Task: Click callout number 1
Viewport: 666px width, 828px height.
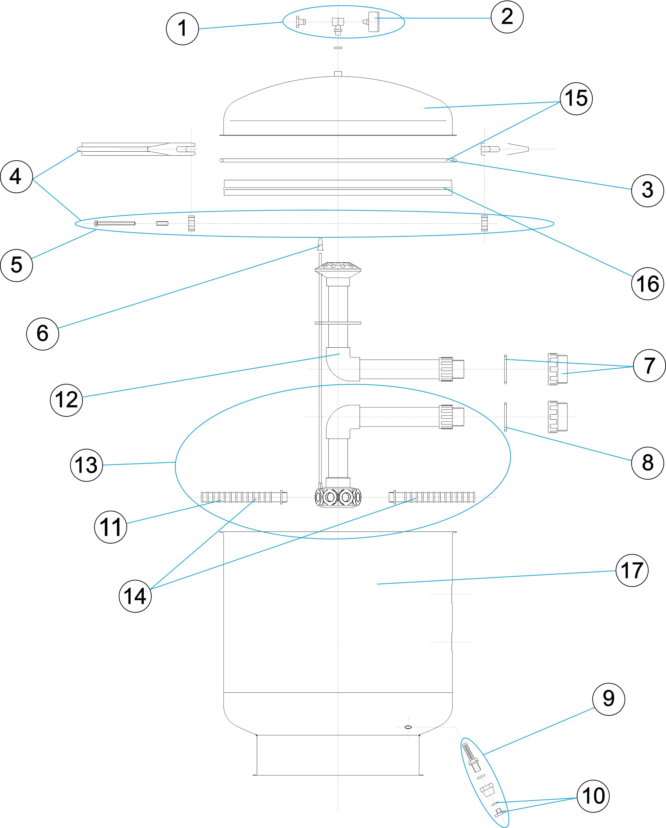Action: [x=182, y=29]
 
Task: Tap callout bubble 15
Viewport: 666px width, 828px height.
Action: [x=576, y=99]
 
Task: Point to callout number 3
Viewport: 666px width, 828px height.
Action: [x=648, y=190]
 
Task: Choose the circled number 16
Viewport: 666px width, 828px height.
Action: [x=648, y=284]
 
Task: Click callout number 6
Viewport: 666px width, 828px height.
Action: [x=43, y=333]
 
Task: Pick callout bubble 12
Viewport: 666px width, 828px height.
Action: [x=66, y=400]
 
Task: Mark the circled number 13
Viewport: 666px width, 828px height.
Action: [x=86, y=465]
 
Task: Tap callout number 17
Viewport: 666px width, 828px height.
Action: [x=632, y=570]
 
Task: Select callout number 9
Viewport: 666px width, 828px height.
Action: [x=609, y=699]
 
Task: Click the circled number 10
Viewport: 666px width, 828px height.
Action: [x=593, y=796]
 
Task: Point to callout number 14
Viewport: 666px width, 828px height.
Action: [x=135, y=596]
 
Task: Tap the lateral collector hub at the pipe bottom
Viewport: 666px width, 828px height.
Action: [x=338, y=497]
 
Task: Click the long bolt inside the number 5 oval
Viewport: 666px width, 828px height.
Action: [x=115, y=224]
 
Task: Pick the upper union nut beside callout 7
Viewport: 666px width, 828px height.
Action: [x=558, y=369]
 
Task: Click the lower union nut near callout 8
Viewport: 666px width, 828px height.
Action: [x=558, y=417]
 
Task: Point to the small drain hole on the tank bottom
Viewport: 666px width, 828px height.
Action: [x=408, y=727]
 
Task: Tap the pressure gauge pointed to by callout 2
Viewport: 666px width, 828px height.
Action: [x=372, y=22]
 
